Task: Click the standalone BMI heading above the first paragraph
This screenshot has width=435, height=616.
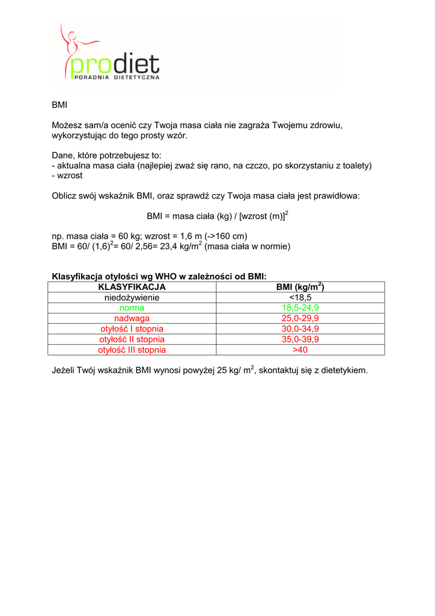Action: click(x=59, y=105)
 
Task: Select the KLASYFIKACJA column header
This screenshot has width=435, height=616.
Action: click(x=132, y=287)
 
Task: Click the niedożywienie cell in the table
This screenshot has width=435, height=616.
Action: click(x=132, y=297)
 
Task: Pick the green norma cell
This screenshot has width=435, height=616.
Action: click(x=132, y=307)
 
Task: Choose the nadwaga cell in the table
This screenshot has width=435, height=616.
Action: click(x=132, y=318)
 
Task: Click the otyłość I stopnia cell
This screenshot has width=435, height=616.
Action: click(x=132, y=328)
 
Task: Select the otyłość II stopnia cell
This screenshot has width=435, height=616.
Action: click(x=132, y=339)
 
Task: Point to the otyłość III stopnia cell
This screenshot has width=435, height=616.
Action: click(x=132, y=350)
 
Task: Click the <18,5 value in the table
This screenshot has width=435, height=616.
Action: click(x=300, y=297)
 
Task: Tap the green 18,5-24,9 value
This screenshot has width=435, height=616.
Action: click(x=300, y=307)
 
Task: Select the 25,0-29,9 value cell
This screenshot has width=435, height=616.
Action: click(x=300, y=318)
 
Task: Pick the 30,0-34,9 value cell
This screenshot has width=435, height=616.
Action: click(x=300, y=328)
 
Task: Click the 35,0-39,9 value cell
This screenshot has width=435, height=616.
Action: click(x=300, y=339)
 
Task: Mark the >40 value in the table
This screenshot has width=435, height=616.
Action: click(x=300, y=350)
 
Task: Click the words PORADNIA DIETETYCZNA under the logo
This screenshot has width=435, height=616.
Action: click(x=116, y=78)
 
